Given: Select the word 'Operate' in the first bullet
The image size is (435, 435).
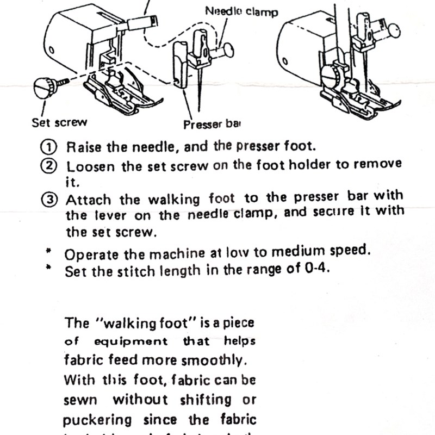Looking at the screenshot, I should tap(88, 254).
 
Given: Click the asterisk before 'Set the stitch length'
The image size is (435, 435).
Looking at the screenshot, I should tap(48, 268).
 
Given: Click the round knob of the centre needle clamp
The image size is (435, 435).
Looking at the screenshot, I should tap(228, 51).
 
